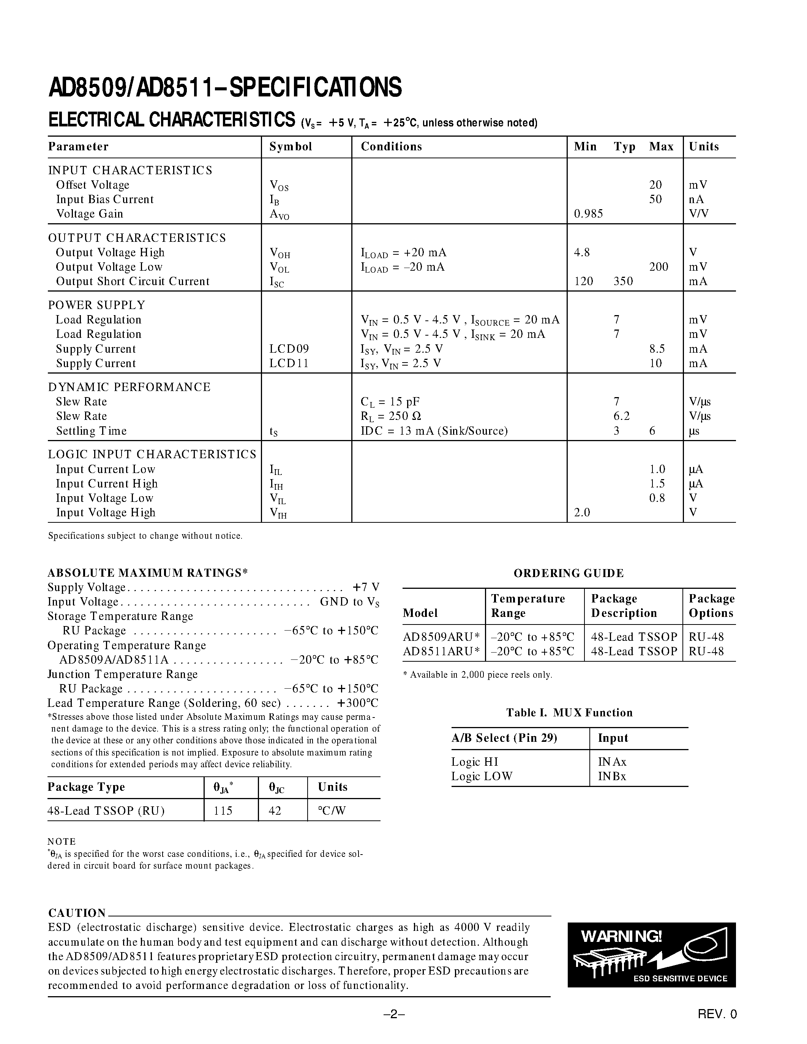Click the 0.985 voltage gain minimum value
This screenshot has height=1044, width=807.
pyautogui.click(x=588, y=214)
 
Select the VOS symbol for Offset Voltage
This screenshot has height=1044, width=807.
pyautogui.click(x=279, y=186)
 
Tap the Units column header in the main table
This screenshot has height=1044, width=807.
pyautogui.click(x=703, y=147)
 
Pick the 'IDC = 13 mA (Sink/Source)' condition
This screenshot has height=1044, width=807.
pyautogui.click(x=434, y=431)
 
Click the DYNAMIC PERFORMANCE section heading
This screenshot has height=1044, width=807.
pyautogui.click(x=129, y=387)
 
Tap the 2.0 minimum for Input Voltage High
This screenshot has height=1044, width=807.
pyautogui.click(x=582, y=513)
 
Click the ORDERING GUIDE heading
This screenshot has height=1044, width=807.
pyautogui.click(x=569, y=573)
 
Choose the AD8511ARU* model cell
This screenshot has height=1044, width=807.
pyautogui.click(x=441, y=651)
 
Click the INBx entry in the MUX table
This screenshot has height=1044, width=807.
pyautogui.click(x=612, y=776)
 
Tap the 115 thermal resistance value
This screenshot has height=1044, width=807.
pyautogui.click(x=223, y=811)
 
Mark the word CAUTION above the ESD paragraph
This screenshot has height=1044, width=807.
pyautogui.click(x=77, y=913)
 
